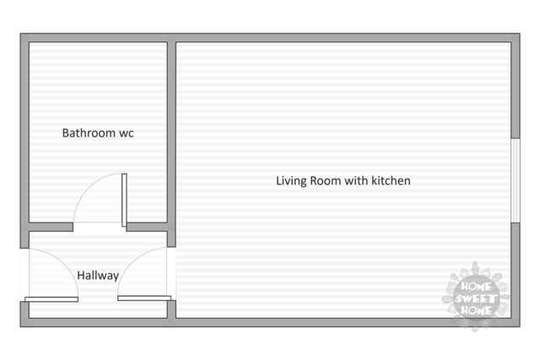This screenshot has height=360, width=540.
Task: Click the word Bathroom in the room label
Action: pyautogui.click(x=89, y=133)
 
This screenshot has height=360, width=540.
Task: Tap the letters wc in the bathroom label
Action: pyautogui.click(x=127, y=133)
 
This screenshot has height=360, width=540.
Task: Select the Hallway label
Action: pyautogui.click(x=98, y=276)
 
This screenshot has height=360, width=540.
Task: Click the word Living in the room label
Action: pyautogui.click(x=291, y=180)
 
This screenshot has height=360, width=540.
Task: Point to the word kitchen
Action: pyautogui.click(x=391, y=180)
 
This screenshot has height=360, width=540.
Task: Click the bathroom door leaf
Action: pyautogui.click(x=124, y=200)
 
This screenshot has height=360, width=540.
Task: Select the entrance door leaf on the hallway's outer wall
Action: pyautogui.click(x=51, y=299)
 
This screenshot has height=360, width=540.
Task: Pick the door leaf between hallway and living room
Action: pyautogui.click(x=144, y=298)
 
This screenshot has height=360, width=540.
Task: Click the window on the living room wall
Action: pyautogui.click(x=516, y=180)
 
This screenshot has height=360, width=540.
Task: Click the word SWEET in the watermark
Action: pyautogui.click(x=476, y=298)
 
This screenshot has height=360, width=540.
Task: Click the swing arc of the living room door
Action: pyautogui.click(x=132, y=261)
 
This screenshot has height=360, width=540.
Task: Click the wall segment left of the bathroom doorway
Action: pyautogui.click(x=51, y=227)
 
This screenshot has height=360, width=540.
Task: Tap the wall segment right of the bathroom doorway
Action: pyautogui.click(x=147, y=227)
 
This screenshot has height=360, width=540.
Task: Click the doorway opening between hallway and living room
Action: pyautogui.click(x=171, y=274)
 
